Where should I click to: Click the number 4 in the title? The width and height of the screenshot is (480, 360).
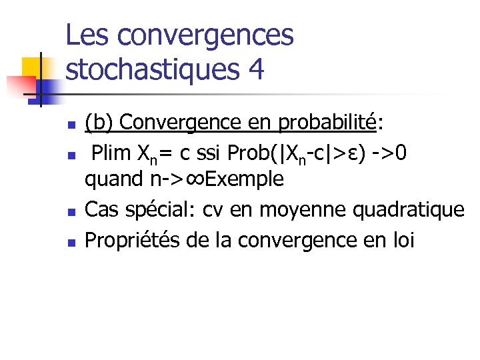[x=255, y=69]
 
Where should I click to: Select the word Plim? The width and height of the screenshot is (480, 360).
[x=111, y=153]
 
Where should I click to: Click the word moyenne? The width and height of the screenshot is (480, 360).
[x=293, y=210]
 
